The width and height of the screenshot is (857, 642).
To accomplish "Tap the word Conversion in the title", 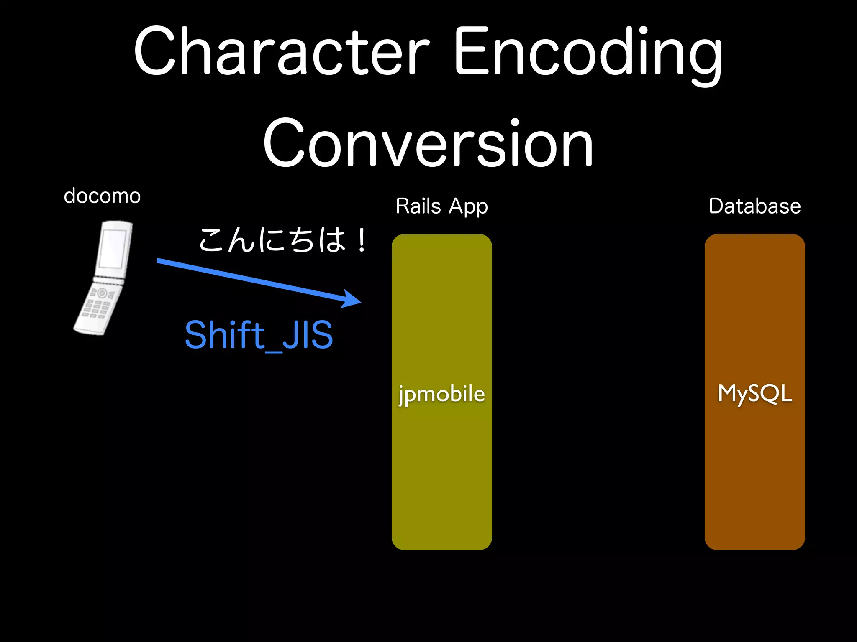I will point(428,143).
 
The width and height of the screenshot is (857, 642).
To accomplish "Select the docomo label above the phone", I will point(102,196).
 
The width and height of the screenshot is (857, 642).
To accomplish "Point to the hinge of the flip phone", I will point(109,280).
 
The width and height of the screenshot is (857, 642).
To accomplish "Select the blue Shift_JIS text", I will point(259,335).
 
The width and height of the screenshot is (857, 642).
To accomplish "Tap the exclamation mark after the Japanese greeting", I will point(361,241).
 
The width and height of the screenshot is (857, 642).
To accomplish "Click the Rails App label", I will point(441,206).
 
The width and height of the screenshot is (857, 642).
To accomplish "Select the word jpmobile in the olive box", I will point(441,394).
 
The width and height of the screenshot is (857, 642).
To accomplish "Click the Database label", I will point(754,206).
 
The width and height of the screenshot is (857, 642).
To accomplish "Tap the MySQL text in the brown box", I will point(754,394).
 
